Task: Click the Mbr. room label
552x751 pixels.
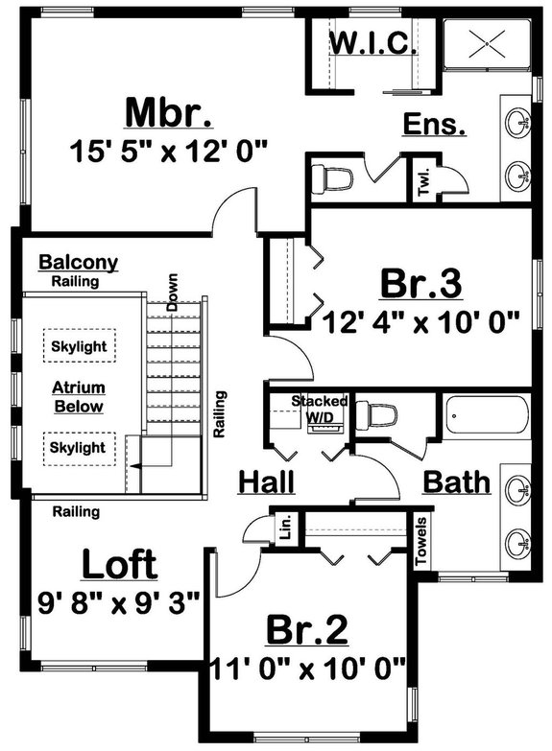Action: (168, 112)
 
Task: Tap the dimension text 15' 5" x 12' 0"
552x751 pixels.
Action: (168, 151)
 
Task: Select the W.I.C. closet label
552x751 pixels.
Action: (373, 43)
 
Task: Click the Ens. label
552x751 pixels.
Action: (435, 124)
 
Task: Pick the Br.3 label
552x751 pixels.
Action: (423, 284)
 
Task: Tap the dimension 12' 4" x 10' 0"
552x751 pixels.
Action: (422, 320)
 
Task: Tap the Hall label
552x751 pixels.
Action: (266, 481)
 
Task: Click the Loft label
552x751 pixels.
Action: (119, 565)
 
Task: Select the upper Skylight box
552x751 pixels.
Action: (79, 344)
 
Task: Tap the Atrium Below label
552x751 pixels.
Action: (79, 397)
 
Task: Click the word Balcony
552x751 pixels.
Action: (78, 263)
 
